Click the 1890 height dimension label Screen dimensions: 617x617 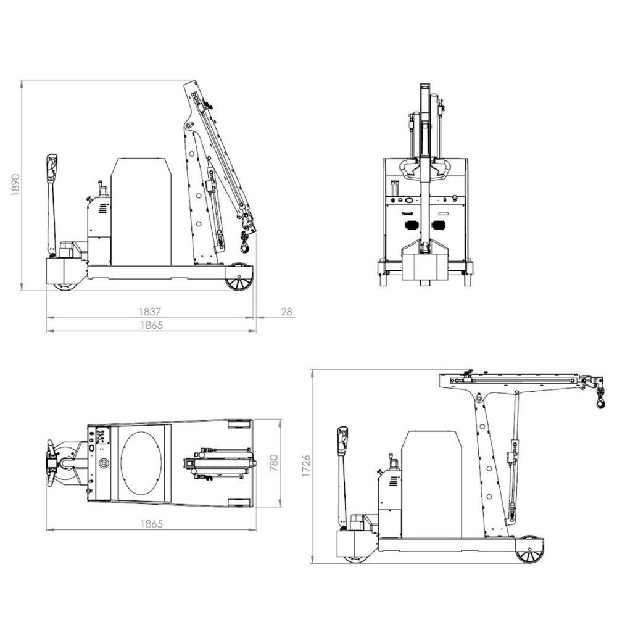click(x=15, y=184)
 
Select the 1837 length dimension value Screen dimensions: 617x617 click(x=150, y=312)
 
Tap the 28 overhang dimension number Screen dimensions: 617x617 click(x=287, y=312)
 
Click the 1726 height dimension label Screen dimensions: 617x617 click(x=306, y=466)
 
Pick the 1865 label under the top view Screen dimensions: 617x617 click(x=152, y=524)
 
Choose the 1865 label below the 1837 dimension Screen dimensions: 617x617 click(x=152, y=325)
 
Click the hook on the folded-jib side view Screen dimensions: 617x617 click(x=245, y=242)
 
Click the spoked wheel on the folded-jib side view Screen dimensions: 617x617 click(x=238, y=277)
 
